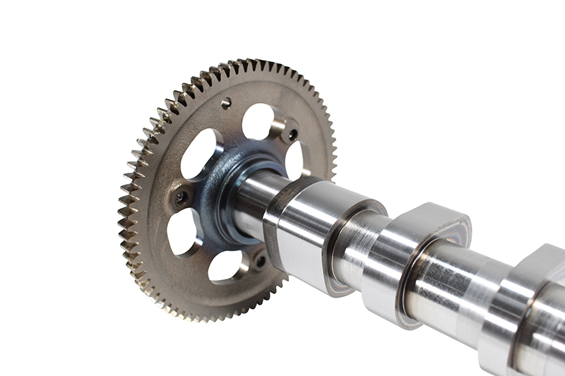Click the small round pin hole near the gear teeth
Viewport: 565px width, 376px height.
pos(226,103)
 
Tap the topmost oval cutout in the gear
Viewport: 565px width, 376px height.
pos(258,121)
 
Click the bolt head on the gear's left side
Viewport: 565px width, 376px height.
pos(182,198)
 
